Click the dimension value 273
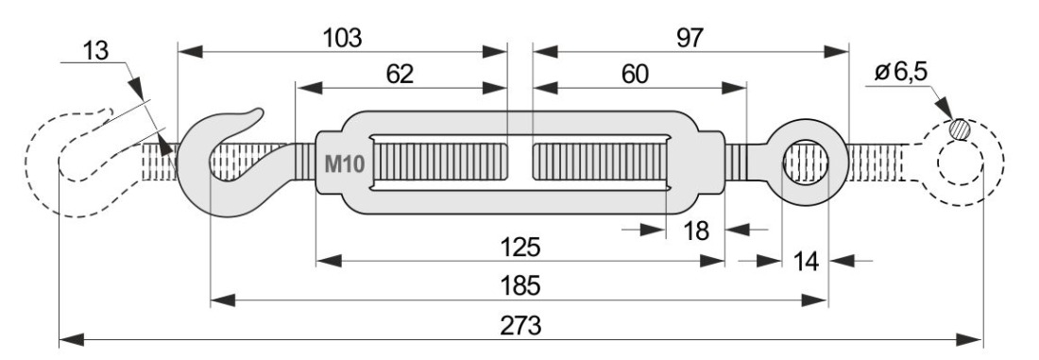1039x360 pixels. pos(521,326)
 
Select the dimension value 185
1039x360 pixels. pos(521,285)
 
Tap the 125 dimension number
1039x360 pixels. pos(520,248)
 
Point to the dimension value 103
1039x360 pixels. pos(343,39)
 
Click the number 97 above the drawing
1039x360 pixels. pos(690,39)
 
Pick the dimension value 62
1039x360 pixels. pos(400,75)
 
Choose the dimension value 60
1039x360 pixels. pos(635,75)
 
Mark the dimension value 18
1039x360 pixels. pos(696,231)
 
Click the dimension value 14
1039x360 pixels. pos(805,262)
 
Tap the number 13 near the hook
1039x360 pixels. pos(96,50)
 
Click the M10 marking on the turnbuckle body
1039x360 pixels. pos(345,163)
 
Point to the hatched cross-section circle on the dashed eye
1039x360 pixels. pos(959,129)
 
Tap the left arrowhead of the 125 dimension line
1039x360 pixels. pos(329,261)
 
